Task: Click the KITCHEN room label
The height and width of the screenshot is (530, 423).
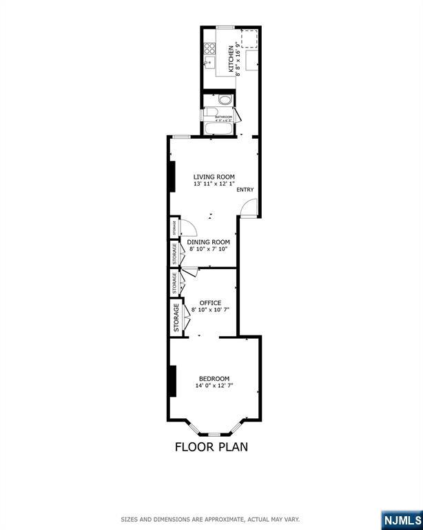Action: coord(231,53)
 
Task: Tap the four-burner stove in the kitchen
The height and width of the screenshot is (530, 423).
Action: coord(209,48)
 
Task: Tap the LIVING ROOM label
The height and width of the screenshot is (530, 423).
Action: coord(214,177)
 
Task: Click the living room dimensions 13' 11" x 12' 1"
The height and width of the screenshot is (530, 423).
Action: coord(214,184)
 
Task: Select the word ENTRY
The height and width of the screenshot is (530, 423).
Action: coord(245,190)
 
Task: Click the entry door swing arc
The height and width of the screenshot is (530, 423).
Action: coord(251,205)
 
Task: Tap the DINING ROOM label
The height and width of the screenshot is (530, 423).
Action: coord(208,242)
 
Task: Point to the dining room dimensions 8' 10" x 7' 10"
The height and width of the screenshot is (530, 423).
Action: coord(208,249)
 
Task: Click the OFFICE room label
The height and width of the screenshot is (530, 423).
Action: coord(210,303)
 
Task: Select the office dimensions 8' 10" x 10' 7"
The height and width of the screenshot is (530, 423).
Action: coord(210,310)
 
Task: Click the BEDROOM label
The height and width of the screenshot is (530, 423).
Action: coord(214,378)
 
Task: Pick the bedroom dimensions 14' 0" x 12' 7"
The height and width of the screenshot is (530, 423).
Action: coord(214,385)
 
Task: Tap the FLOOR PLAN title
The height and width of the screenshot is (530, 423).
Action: coord(211,446)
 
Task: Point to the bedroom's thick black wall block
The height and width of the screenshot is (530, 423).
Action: coord(172,381)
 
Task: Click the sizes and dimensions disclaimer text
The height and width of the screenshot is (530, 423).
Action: coord(210,519)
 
